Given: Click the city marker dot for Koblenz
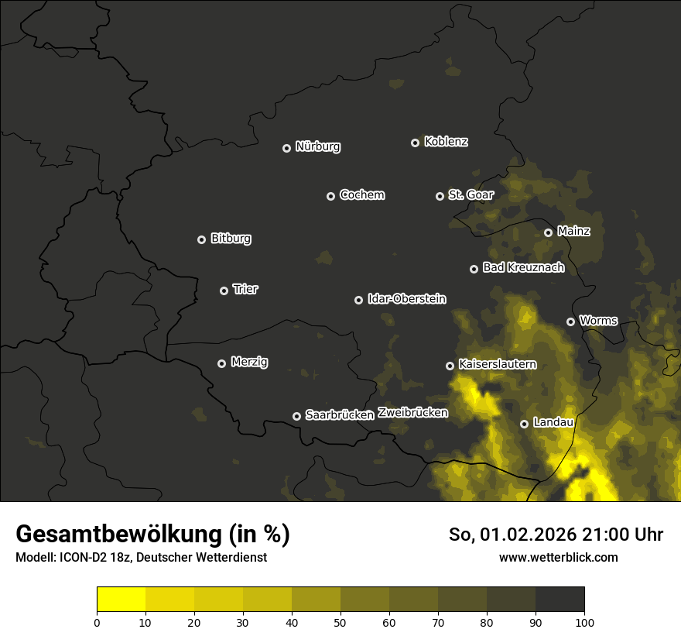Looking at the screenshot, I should point(415,143).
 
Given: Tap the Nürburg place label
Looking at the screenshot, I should point(318,147).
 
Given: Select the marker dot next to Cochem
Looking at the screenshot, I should point(330,196).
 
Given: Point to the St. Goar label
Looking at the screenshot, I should point(471,195).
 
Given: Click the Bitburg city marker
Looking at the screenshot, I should point(201,239).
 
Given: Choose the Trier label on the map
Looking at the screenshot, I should point(245,290).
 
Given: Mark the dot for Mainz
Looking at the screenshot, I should point(548,232).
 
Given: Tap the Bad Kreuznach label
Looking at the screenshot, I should point(523,268).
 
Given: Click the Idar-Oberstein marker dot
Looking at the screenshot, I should point(358,300).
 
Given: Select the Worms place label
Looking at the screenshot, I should point(598,321).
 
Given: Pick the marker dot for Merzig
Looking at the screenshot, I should point(221,363).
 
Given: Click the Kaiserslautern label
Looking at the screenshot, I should point(497,364).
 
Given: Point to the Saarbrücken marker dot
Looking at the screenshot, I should point(296,416).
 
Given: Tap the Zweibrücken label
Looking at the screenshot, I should point(412,413).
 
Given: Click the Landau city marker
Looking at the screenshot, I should point(524,424).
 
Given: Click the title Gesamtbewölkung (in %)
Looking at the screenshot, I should point(152,535).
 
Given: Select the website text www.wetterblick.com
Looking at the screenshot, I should point(558,557).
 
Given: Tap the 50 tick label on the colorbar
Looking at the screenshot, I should point(340,622).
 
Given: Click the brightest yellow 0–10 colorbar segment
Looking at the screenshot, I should point(121,599).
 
